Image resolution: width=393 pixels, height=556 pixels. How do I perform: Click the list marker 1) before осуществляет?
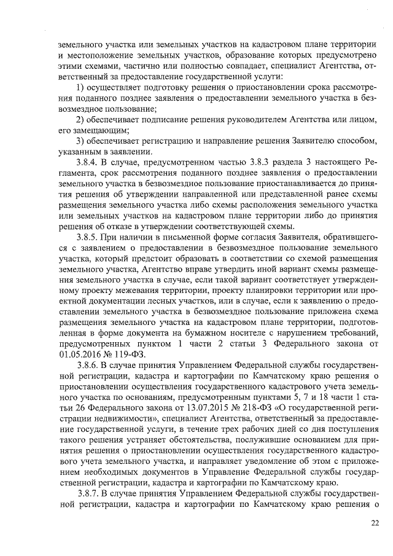[80, 89]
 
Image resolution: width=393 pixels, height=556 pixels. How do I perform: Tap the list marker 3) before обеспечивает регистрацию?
[80, 141]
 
